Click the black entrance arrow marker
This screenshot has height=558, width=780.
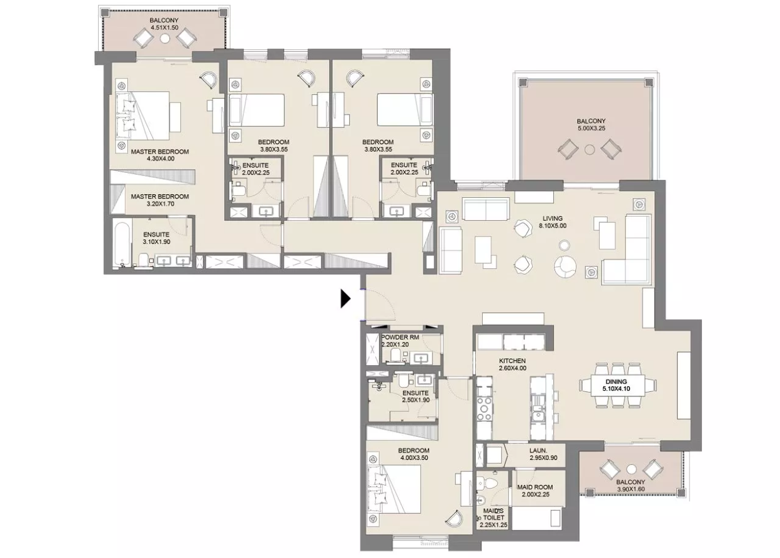pyautogui.click(x=345, y=299)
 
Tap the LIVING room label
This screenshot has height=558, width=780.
pyautogui.click(x=552, y=218)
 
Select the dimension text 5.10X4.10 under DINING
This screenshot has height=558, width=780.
pyautogui.click(x=616, y=389)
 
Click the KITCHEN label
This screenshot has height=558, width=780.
pyautogui.click(x=512, y=361)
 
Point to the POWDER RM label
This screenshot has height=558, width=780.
pyautogui.click(x=400, y=337)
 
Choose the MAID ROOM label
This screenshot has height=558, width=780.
pyautogui.click(x=535, y=487)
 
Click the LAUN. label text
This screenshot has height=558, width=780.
pyautogui.click(x=538, y=451)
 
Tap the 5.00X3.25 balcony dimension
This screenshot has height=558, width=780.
pyautogui.click(x=591, y=129)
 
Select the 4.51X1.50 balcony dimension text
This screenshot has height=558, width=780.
pyautogui.click(x=164, y=28)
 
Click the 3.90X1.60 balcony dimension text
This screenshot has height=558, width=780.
pyautogui.click(x=631, y=489)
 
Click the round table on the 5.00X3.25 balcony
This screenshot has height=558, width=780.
pyautogui.click(x=590, y=150)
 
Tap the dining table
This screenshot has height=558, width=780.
pyautogui.click(x=617, y=385)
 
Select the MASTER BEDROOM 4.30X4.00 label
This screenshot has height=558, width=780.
pyautogui.click(x=160, y=155)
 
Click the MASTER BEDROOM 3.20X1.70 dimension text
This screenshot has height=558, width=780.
pyautogui.click(x=160, y=204)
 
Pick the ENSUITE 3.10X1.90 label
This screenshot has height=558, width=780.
pyautogui.click(x=156, y=238)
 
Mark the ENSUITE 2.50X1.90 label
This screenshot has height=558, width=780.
pyautogui.click(x=415, y=396)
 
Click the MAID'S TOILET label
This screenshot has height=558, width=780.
pyautogui.click(x=493, y=517)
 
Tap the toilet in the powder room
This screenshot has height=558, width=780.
pyautogui.click(x=395, y=355)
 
